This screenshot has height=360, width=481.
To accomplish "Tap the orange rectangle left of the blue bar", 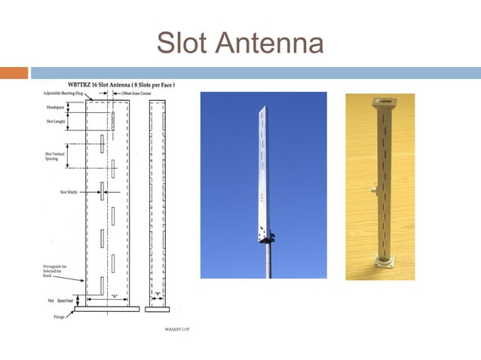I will pos(14,73).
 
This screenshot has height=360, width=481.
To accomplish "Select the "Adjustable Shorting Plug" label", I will pos(63,93).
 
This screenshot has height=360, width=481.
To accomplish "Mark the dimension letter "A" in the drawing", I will pos(114,295).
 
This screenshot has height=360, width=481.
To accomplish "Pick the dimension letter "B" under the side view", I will pos(158,294).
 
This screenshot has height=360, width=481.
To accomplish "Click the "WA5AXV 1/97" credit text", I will pos(176,329).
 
